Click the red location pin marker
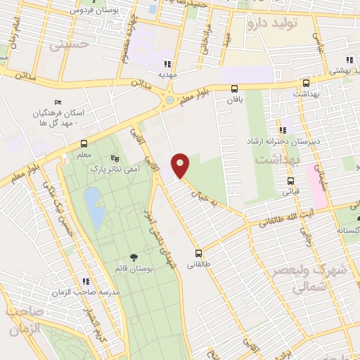[x=181, y=165]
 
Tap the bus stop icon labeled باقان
[x=234, y=89]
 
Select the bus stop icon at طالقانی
[x=198, y=253]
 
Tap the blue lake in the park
[x=92, y=203]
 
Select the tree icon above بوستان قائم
[x=134, y=258]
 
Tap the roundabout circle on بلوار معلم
[x=169, y=101]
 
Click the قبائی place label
[x=291, y=191]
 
